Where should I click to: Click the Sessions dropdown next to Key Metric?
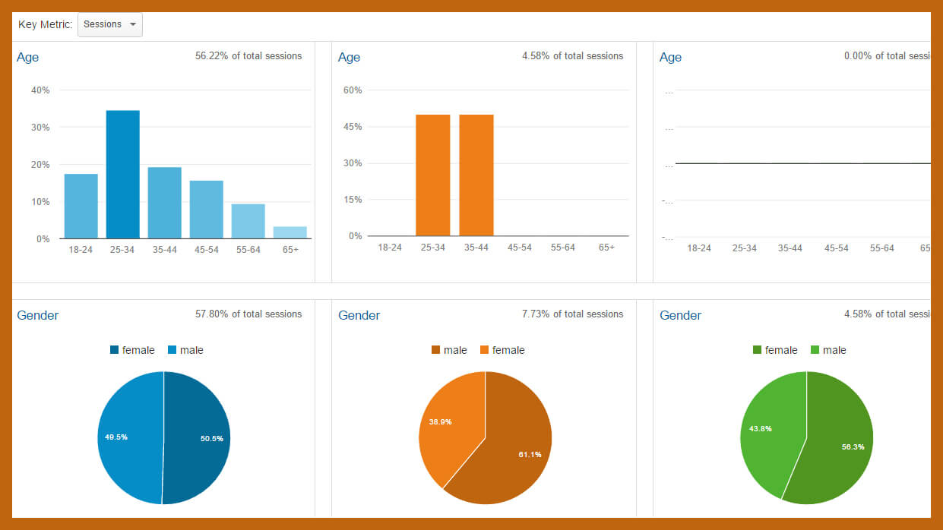coord(109,24)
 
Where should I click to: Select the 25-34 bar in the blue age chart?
coord(122,175)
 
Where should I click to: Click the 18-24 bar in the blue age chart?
coord(81,206)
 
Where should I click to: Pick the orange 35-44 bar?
coord(476,175)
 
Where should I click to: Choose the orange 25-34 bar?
coord(432,175)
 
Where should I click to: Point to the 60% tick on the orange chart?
coord(353,90)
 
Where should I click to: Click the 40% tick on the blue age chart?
coord(40,90)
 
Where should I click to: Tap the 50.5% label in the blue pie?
coord(211,439)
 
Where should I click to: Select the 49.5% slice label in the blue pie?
coord(116,437)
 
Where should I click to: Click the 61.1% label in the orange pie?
coord(530,454)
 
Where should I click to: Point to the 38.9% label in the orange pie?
coord(440,421)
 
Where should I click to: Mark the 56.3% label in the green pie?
coord(853,446)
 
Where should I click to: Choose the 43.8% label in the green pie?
coord(761,428)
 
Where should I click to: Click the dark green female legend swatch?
coord(757,350)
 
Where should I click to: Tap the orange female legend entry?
coord(502,350)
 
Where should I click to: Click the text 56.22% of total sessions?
coord(248,56)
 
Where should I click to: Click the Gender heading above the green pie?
coord(680,315)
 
